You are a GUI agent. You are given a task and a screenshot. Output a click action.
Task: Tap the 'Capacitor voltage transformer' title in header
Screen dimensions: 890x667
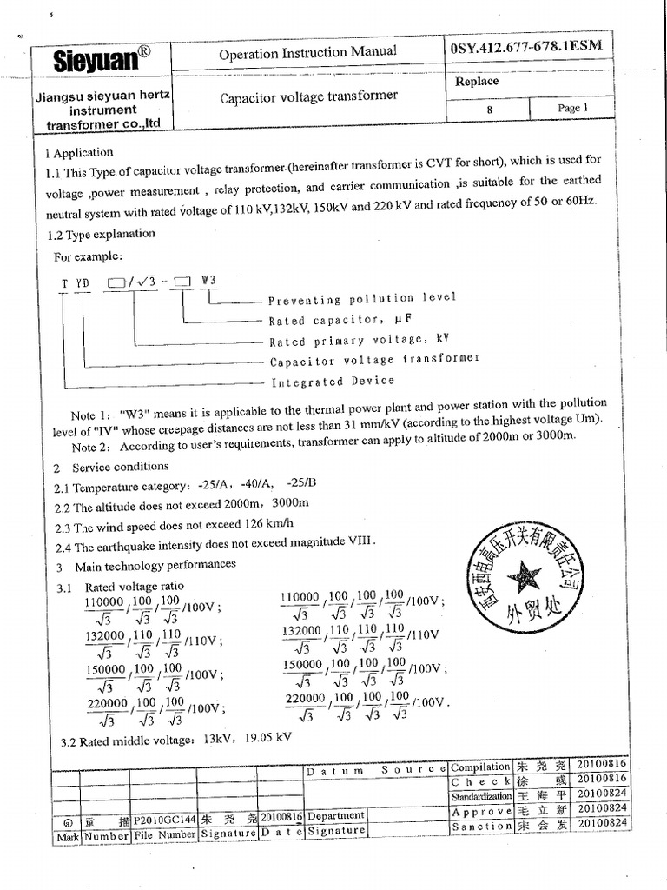tap(308, 96)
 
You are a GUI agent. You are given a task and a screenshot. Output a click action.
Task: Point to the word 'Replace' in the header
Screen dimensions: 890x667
tap(477, 82)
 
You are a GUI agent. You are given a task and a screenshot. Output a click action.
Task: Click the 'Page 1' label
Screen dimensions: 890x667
tap(572, 108)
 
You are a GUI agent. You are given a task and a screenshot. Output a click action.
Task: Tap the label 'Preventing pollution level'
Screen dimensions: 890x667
tap(361, 299)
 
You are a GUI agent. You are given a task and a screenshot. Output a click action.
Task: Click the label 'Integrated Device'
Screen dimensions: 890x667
tap(333, 381)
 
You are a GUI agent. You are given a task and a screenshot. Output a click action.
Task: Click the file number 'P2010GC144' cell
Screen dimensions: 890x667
tap(165, 819)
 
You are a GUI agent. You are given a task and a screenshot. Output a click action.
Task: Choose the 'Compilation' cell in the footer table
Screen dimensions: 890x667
tap(480, 767)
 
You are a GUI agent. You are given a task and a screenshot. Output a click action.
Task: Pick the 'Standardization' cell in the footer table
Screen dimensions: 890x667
tap(480, 796)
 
